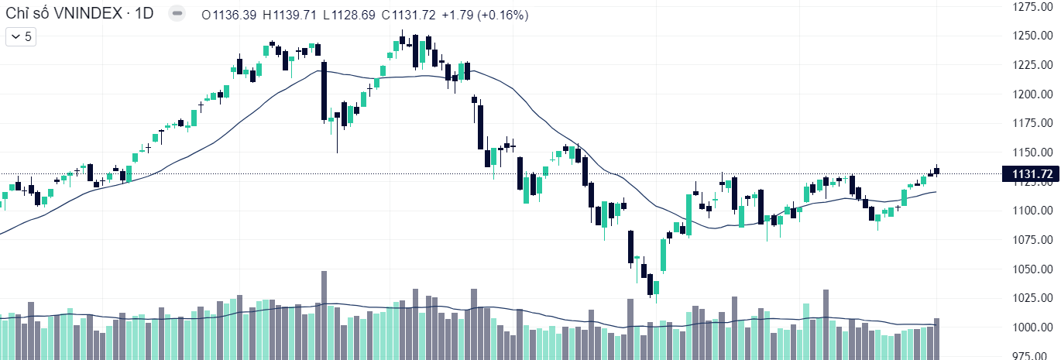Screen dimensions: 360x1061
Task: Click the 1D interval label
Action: pyautogui.click(x=144, y=15)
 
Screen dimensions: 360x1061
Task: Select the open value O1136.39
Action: pyautogui.click(x=228, y=15)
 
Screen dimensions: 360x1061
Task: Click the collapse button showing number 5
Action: pyautogui.click(x=21, y=36)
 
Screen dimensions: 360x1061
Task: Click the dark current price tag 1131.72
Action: pyautogui.click(x=1027, y=173)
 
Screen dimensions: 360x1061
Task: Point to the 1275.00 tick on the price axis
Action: pyautogui.click(x=1032, y=7)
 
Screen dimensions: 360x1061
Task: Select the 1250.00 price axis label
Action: pyautogui.click(x=1032, y=36)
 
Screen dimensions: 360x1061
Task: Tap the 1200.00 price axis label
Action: pyautogui.click(x=1032, y=94)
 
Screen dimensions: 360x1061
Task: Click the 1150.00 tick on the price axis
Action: pyautogui.click(x=1032, y=153)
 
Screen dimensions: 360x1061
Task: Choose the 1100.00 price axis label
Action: pyautogui.click(x=1032, y=211)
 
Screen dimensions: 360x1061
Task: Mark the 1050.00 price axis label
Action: pyautogui.click(x=1032, y=269)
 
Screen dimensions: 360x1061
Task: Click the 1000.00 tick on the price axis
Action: pyautogui.click(x=1032, y=327)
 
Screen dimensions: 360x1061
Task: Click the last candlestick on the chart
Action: pyautogui.click(x=937, y=171)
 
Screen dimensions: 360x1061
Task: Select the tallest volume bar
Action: pyautogui.click(x=324, y=314)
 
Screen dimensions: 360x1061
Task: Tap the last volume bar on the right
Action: pyautogui.click(x=937, y=338)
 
